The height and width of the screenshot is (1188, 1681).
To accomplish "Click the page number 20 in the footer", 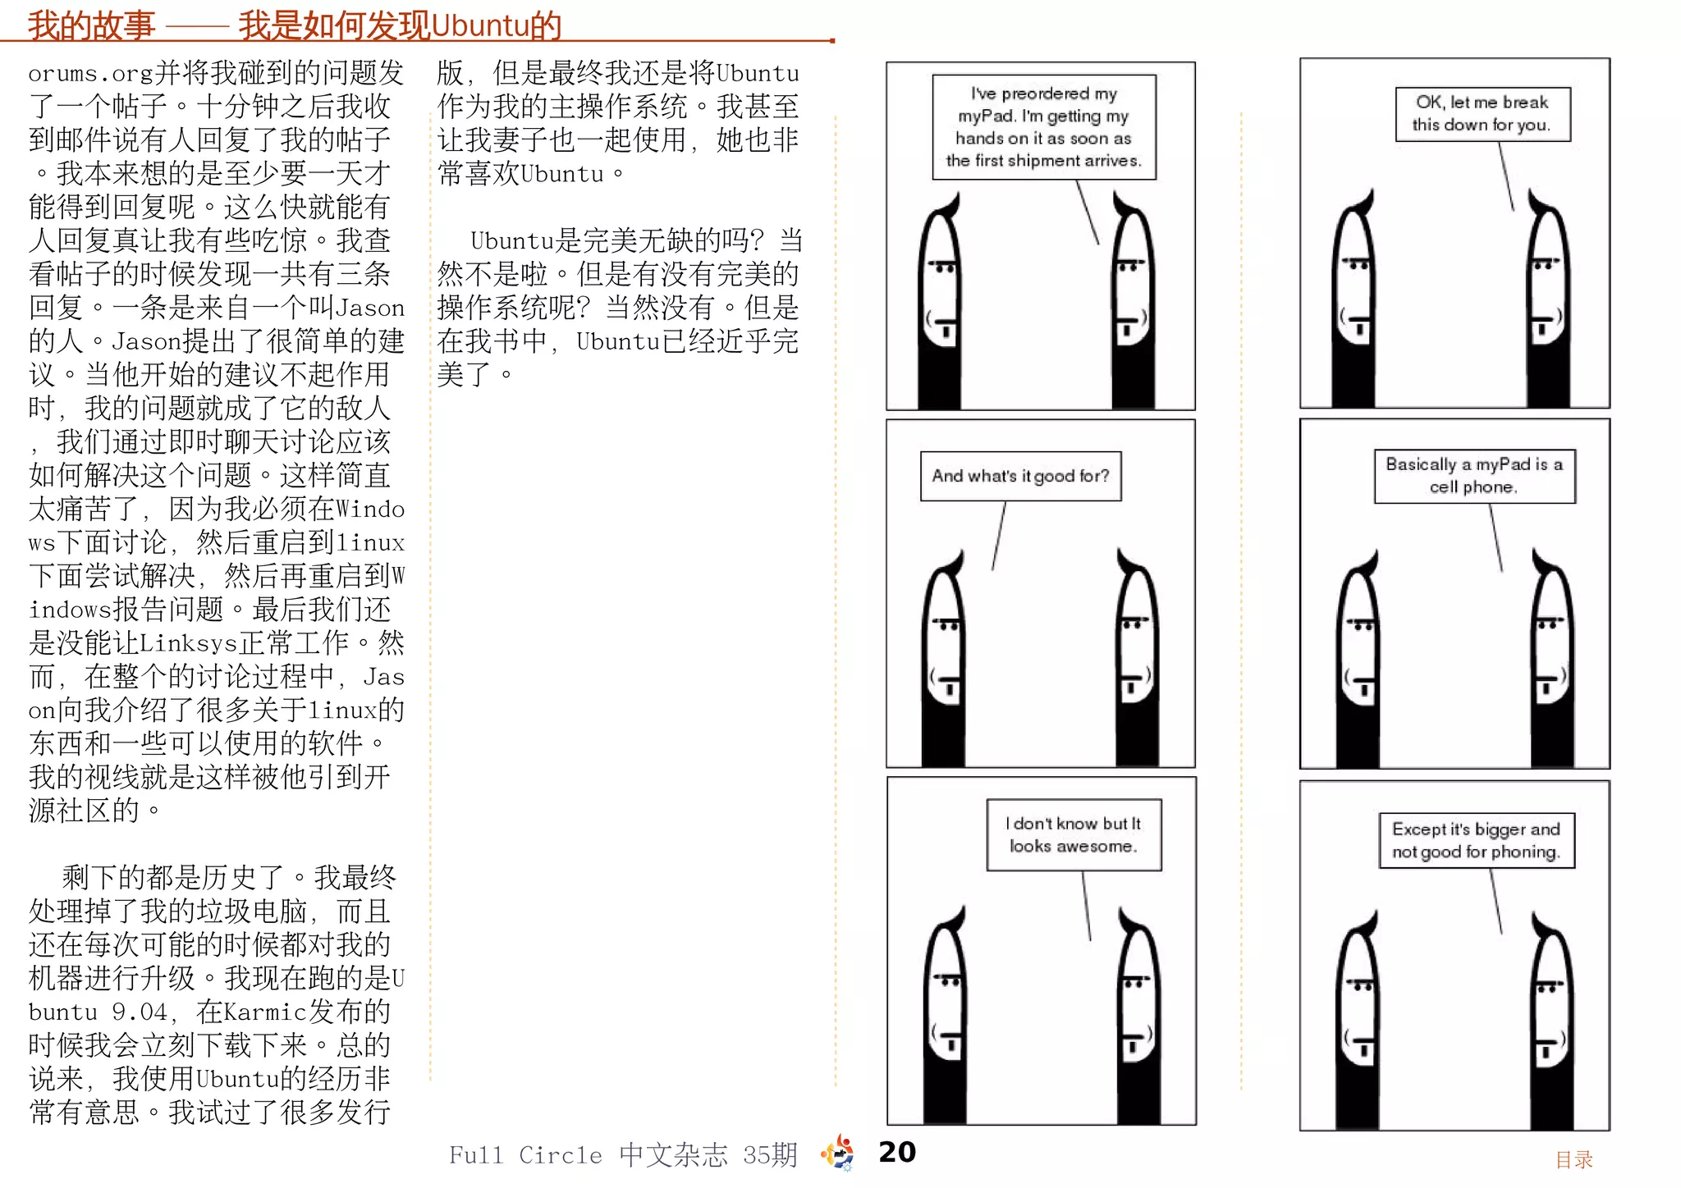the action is tap(897, 1152).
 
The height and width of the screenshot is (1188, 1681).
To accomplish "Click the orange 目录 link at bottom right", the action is tap(1573, 1159).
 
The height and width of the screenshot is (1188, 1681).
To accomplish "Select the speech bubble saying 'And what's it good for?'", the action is tap(1020, 476).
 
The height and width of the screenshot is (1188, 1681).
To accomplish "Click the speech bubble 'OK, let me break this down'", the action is tap(1482, 114).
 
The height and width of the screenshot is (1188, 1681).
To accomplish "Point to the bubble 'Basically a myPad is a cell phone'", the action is tap(1475, 476).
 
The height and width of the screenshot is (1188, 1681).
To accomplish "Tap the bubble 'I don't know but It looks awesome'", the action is tap(1074, 834).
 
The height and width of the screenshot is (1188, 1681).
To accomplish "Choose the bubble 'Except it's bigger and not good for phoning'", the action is tap(1477, 840).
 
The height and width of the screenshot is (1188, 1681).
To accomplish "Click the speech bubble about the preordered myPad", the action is tap(1044, 127).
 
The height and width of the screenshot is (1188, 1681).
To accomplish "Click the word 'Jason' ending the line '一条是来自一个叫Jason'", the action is tap(371, 308).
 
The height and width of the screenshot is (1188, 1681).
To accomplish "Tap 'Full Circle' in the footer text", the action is tap(525, 1155).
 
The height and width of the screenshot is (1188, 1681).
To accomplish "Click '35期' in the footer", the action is tap(770, 1155).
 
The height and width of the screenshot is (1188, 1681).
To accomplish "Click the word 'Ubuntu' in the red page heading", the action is tap(479, 25).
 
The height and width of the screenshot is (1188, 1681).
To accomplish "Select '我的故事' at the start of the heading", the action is tap(91, 25).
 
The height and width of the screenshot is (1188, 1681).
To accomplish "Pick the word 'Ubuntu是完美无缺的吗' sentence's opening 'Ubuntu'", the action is tap(512, 241).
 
